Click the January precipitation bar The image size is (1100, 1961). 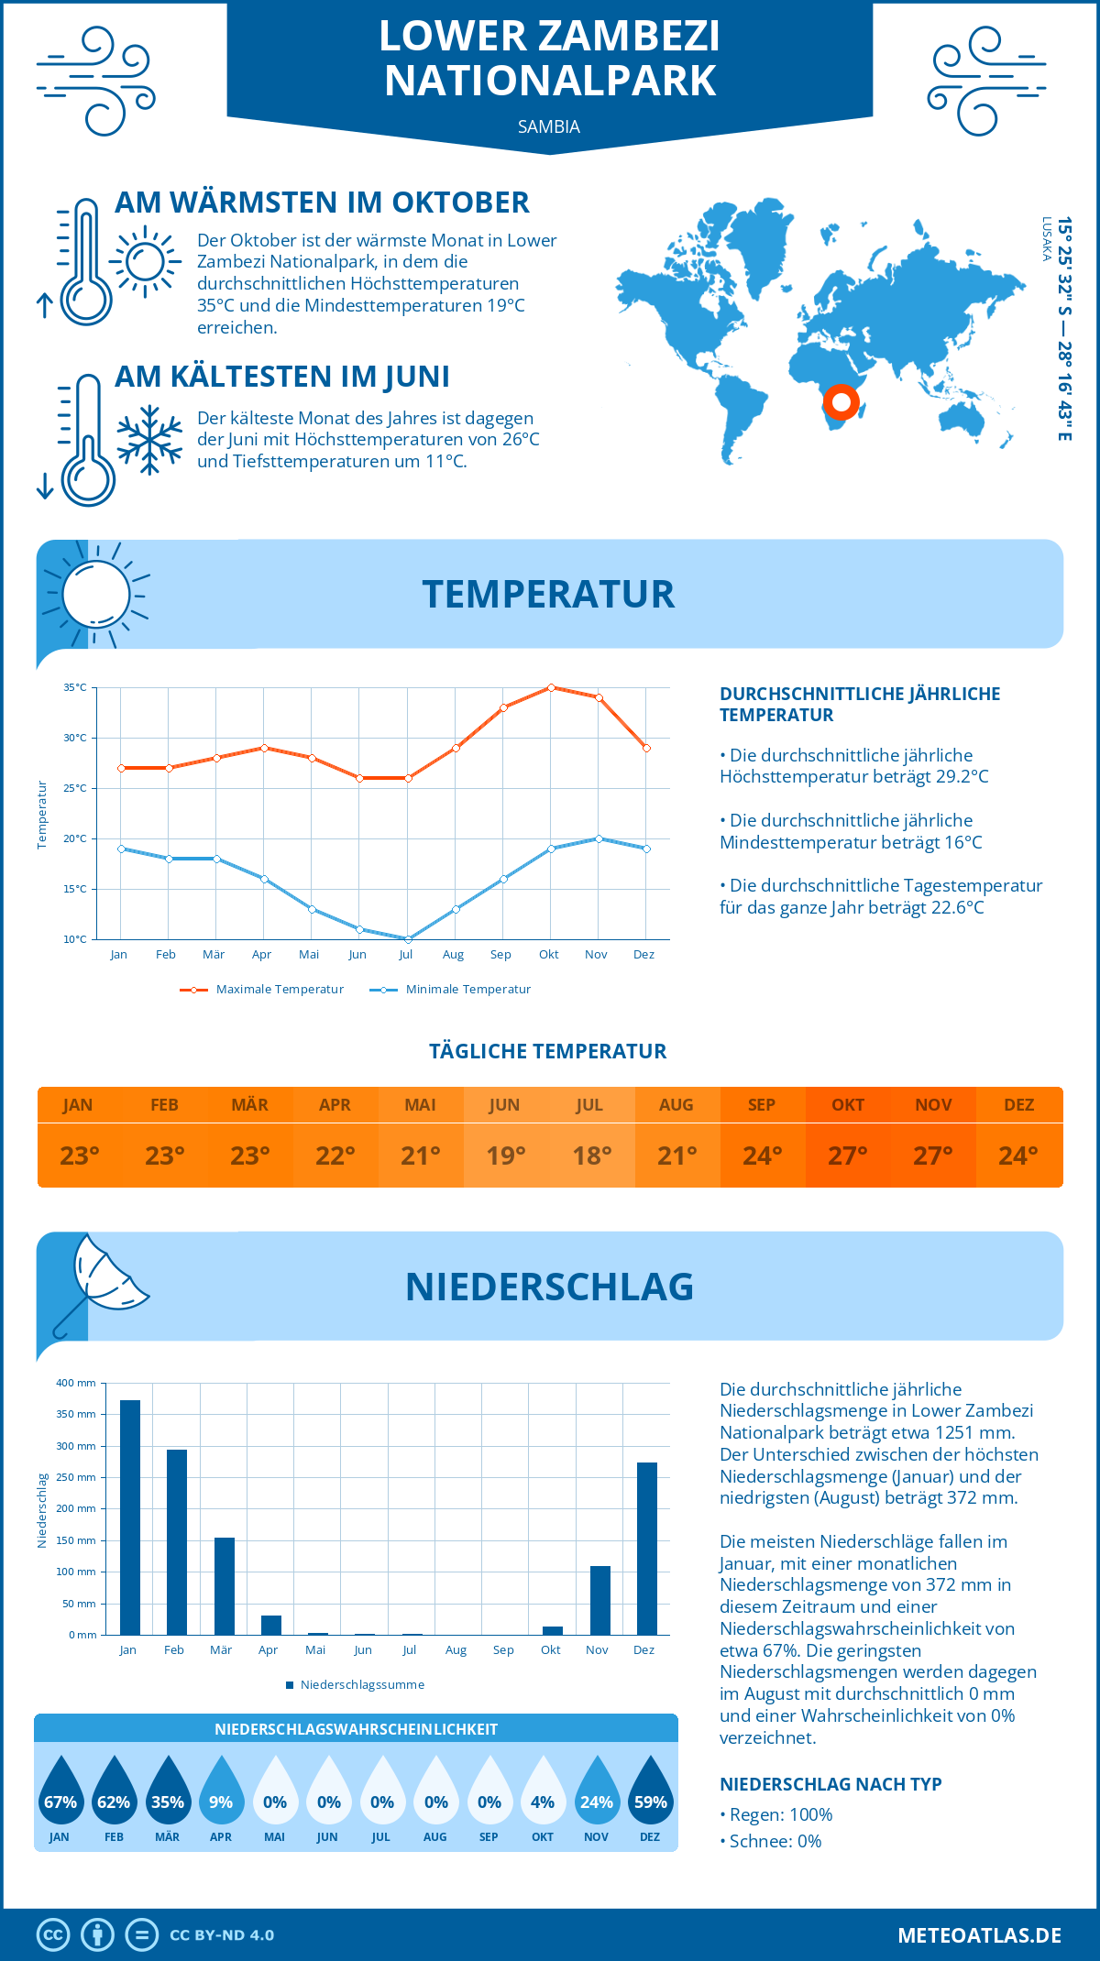click(x=130, y=1517)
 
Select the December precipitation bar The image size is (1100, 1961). click(x=647, y=1549)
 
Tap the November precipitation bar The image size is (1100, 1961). click(x=600, y=1600)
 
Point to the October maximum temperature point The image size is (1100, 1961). click(x=551, y=687)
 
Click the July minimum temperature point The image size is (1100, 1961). click(x=408, y=939)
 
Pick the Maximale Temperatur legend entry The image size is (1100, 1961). click(x=262, y=990)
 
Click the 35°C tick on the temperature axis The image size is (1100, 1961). click(x=75, y=687)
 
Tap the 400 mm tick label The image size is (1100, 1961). click(x=76, y=1383)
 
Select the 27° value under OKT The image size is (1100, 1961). click(x=848, y=1156)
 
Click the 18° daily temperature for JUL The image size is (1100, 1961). click(x=591, y=1156)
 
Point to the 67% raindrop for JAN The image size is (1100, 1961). click(x=60, y=1791)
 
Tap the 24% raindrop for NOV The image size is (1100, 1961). click(x=597, y=1791)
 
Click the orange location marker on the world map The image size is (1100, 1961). click(x=841, y=402)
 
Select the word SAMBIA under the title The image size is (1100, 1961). click(x=549, y=126)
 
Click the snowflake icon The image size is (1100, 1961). click(x=149, y=440)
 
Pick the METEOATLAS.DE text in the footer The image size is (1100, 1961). click(x=979, y=1935)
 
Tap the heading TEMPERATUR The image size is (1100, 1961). click(x=548, y=594)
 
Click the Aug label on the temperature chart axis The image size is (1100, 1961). click(x=453, y=955)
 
